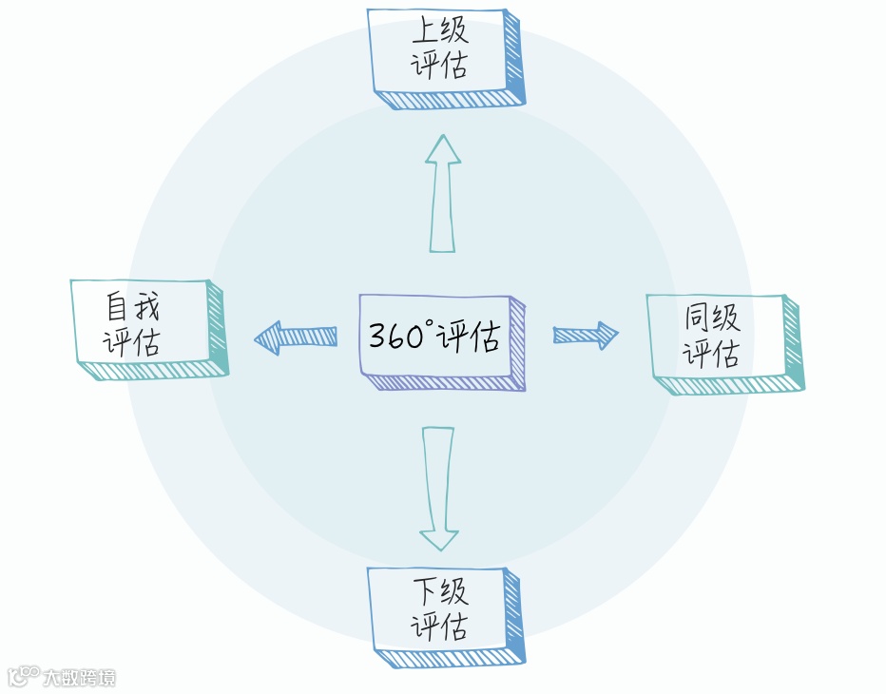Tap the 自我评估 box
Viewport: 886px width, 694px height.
(140, 324)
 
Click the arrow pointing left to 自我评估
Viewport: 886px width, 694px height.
(296, 337)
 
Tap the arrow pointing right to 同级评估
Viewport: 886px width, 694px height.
(586, 334)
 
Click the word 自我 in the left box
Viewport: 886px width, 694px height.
(132, 307)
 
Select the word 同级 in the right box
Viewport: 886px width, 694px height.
(713, 318)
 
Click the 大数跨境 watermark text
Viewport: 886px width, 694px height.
(79, 678)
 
